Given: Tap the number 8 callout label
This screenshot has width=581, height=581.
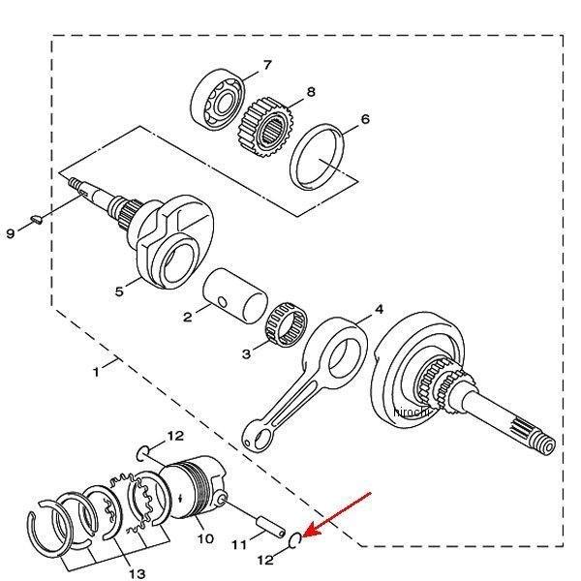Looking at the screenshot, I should click(311, 92).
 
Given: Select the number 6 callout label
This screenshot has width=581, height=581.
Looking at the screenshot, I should click(364, 120).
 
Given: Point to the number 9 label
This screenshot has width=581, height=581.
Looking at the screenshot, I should click(11, 233).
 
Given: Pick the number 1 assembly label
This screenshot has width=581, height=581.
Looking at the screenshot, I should click(95, 372).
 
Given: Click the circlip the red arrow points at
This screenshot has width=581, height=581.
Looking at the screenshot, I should click(300, 538).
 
